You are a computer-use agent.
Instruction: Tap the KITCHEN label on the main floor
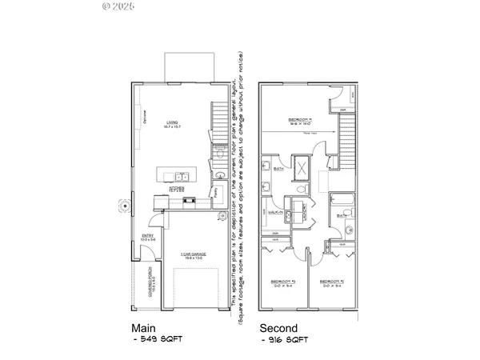click(x=177, y=189)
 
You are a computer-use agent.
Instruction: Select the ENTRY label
click(x=147, y=236)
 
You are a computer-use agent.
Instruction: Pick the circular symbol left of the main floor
click(x=124, y=206)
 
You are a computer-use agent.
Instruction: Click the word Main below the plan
click(x=145, y=328)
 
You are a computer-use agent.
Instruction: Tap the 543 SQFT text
click(x=159, y=339)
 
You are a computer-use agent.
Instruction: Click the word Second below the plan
click(x=278, y=328)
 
